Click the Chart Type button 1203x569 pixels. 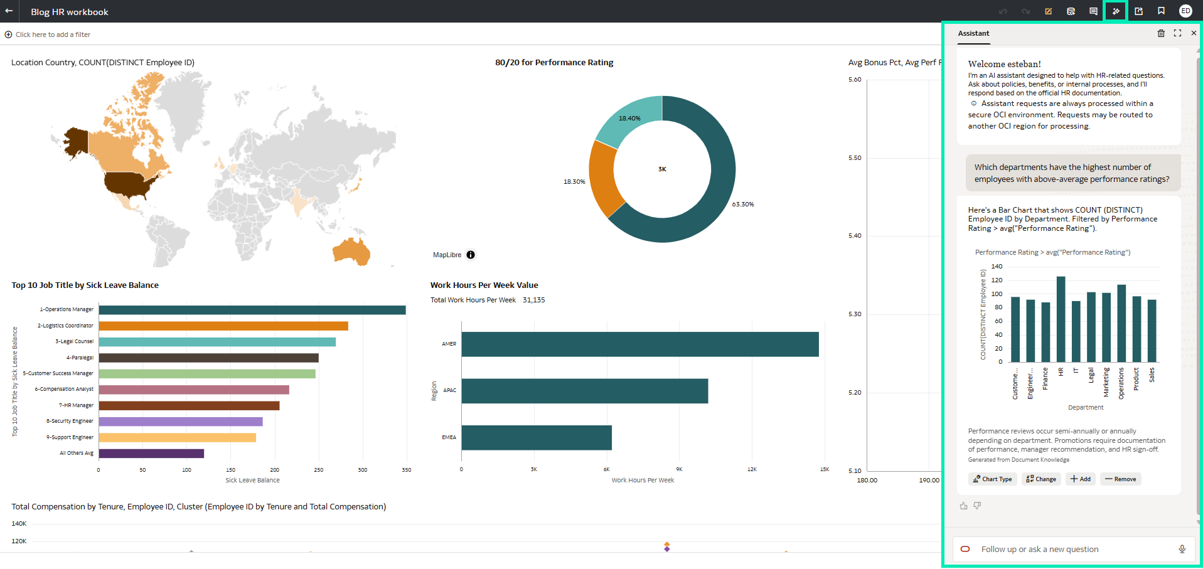coord(992,479)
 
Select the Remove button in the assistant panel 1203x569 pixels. coord(1120,479)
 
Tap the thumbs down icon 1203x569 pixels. coord(977,506)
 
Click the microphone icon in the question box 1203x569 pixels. coord(1182,550)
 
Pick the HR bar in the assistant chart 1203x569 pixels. coord(1061,319)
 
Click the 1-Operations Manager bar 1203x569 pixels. coord(252,310)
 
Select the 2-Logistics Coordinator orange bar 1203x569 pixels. coord(223,326)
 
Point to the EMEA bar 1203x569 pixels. coord(536,438)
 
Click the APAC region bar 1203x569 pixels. coord(584,391)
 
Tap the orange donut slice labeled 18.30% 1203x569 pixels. coord(603,179)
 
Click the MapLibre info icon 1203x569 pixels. coord(471,255)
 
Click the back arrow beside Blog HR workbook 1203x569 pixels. coord(9,11)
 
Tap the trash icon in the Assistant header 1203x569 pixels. coord(1161,33)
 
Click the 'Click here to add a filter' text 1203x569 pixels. coord(53,35)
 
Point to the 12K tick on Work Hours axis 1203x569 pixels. coord(752,469)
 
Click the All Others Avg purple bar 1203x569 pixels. coord(151,454)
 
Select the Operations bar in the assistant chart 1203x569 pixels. coord(1121,324)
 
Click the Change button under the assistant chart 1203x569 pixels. coord(1041,479)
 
